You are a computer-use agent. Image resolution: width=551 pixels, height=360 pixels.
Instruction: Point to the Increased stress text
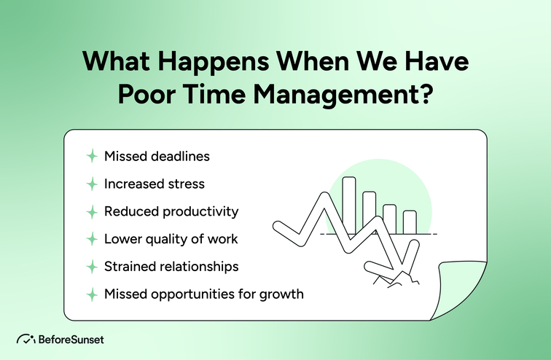pos(153,184)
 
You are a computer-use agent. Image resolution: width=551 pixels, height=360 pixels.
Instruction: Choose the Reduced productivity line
pos(171,211)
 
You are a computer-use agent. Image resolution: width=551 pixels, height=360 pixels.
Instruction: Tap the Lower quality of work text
pos(171,239)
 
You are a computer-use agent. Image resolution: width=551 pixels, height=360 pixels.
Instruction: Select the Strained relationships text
pos(171,267)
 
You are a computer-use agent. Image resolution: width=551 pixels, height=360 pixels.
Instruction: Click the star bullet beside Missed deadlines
pos(92,157)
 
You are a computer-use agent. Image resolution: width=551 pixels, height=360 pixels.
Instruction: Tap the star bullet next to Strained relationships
pos(92,267)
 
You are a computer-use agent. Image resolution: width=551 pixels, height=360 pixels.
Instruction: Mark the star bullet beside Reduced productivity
pos(92,211)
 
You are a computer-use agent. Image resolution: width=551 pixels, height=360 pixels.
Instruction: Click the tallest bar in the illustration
pos(349,204)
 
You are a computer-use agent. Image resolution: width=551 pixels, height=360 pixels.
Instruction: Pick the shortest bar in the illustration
pos(410,222)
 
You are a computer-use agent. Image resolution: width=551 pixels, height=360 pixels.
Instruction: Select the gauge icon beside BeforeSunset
pos(26,340)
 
